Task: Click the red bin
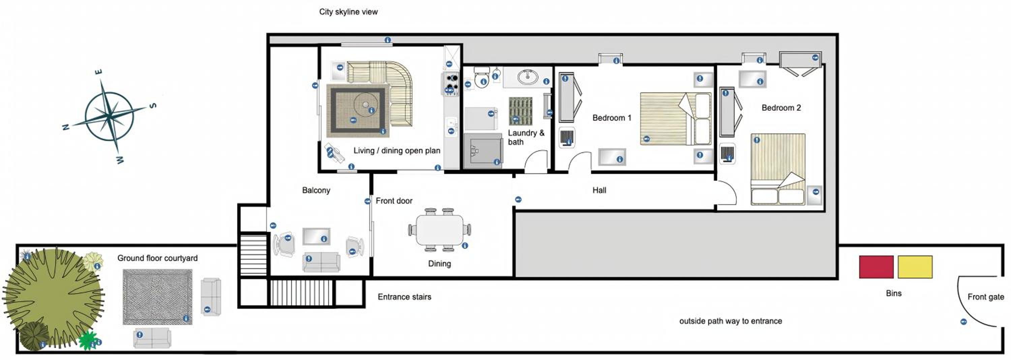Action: click(x=876, y=267)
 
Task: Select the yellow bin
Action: click(x=915, y=267)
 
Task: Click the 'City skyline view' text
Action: click(x=348, y=12)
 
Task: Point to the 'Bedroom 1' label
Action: click(x=611, y=118)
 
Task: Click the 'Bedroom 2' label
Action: click(x=781, y=108)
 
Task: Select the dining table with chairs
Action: click(x=439, y=230)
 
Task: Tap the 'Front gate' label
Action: click(x=985, y=297)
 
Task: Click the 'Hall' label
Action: click(x=599, y=190)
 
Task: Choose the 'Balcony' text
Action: click(x=316, y=190)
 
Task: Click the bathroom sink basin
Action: click(x=527, y=77)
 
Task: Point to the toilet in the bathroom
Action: click(x=482, y=77)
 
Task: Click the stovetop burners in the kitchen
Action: click(x=451, y=84)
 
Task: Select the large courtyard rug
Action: click(x=157, y=297)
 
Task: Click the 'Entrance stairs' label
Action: click(x=404, y=297)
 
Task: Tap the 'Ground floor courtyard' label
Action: click(x=157, y=258)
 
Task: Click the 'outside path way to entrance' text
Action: click(x=730, y=321)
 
